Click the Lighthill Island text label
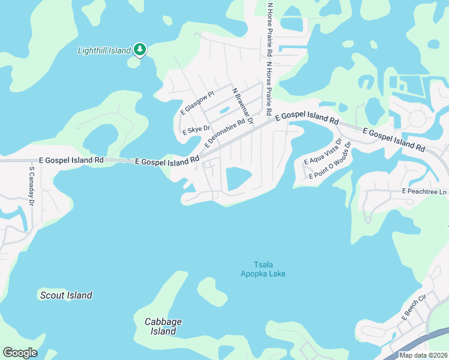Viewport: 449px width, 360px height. tap(104, 50)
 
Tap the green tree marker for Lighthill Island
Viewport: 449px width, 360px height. tap(139, 49)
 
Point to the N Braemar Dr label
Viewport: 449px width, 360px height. tap(243, 106)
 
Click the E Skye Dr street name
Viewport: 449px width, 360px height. tap(196, 129)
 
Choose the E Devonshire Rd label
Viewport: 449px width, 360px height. tap(224, 133)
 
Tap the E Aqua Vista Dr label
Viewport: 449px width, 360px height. tap(323, 152)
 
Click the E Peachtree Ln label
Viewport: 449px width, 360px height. tap(425, 192)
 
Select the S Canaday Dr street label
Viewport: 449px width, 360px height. tap(32, 185)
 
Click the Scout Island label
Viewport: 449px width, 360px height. tap(66, 295)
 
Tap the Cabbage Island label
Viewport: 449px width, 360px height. tap(163, 326)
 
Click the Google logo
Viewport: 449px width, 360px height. tap(20, 353)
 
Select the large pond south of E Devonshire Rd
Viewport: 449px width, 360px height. tap(238, 178)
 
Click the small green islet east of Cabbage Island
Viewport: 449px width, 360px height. tap(212, 292)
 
